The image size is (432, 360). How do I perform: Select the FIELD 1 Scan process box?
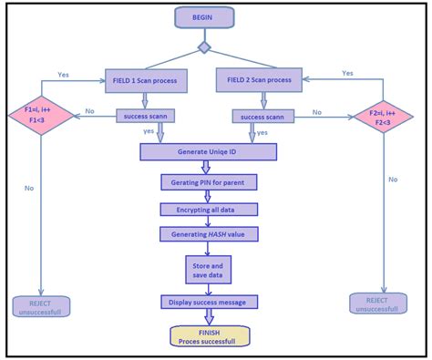click(x=145, y=80)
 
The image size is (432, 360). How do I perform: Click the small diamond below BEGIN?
click(x=204, y=47)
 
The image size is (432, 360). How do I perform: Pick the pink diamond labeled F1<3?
click(x=39, y=115)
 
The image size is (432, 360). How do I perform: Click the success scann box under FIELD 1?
click(x=144, y=116)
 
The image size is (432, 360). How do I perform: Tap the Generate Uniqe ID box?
click(x=208, y=151)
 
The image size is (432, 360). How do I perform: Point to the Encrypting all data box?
click(x=208, y=209)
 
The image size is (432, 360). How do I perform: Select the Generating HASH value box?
click(x=208, y=234)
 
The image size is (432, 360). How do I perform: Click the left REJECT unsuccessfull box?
click(x=46, y=307)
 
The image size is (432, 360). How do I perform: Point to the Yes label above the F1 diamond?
click(x=64, y=75)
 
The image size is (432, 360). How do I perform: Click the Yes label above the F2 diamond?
click(x=347, y=72)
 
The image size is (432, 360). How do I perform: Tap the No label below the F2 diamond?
click(x=393, y=180)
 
